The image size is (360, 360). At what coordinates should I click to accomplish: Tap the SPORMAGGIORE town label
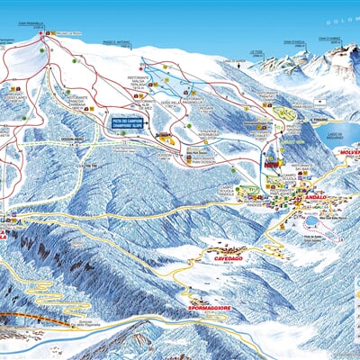(x=209, y=308)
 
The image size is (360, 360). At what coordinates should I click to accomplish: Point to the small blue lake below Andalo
(x=310, y=220)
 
